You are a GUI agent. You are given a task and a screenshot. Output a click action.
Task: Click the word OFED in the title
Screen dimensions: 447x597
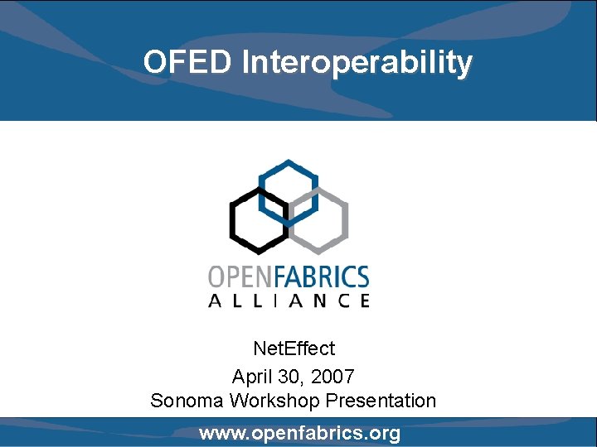pyautogui.click(x=188, y=62)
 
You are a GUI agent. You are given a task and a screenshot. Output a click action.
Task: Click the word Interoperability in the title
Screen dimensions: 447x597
pyautogui.click(x=357, y=62)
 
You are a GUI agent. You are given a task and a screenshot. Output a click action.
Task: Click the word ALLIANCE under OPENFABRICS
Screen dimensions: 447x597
pyautogui.click(x=288, y=300)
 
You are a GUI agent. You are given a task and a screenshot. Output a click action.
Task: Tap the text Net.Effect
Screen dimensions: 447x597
pyautogui.click(x=294, y=348)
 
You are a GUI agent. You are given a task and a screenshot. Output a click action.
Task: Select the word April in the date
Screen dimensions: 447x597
pyautogui.click(x=250, y=377)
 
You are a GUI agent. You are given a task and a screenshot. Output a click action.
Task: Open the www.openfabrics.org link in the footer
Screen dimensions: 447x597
pyautogui.click(x=299, y=433)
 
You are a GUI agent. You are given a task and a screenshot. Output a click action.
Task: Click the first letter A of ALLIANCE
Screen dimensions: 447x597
pyautogui.click(x=213, y=300)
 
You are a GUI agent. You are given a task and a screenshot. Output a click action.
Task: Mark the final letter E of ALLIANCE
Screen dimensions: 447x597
pyautogui.click(x=364, y=300)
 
